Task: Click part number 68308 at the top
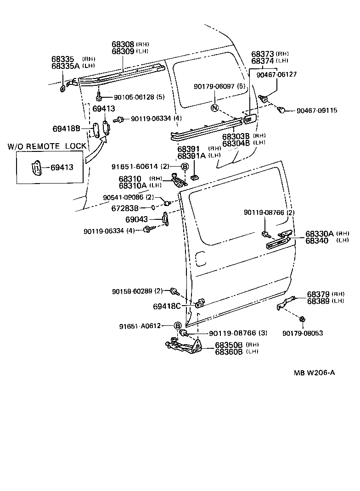point(123,45)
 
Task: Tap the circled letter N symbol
point(214,108)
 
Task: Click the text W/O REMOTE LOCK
point(47,146)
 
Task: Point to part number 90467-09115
point(316,110)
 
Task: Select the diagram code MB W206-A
point(315,373)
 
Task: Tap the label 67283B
point(133,208)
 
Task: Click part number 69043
point(136,220)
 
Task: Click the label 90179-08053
point(303,333)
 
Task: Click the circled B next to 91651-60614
point(185,166)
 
